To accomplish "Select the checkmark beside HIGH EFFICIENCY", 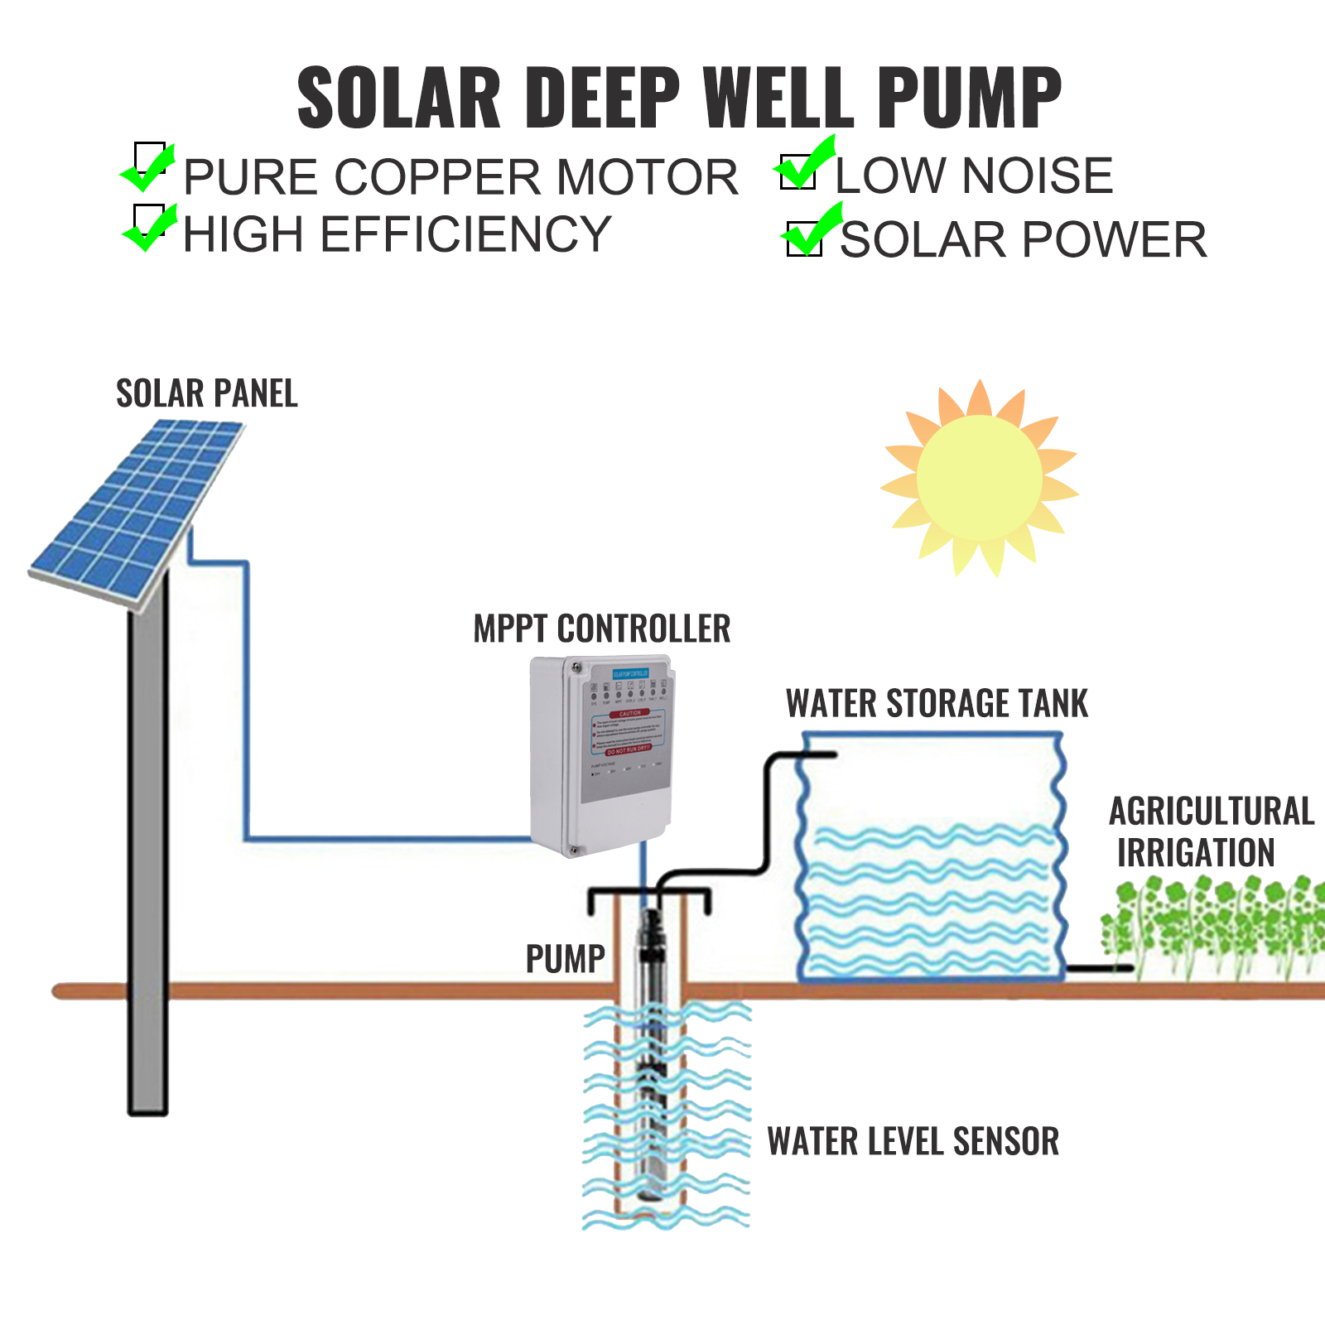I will point(151,226).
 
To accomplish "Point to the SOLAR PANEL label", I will point(206,393).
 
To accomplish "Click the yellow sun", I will point(979,479).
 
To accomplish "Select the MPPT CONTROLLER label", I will point(601,629).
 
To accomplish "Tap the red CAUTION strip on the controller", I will point(629,713).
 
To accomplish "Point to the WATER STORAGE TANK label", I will point(936,704).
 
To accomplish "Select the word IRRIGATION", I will point(1195,853).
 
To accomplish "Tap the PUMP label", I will point(565,959).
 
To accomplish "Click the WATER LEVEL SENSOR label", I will point(913,1141).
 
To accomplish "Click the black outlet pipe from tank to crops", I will point(1097,967).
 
